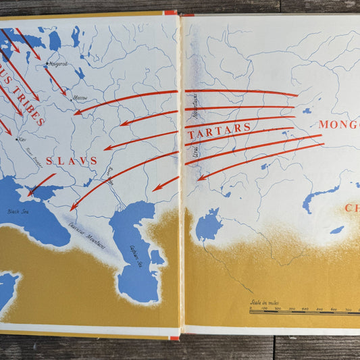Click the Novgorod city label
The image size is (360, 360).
coord(57,65)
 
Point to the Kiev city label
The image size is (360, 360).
coord(23,140)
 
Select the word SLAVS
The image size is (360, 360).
coord(72,161)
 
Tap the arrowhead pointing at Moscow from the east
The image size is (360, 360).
coord(76,112)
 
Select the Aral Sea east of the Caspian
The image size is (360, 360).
coord(208,225)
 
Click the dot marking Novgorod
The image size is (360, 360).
coord(46,64)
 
